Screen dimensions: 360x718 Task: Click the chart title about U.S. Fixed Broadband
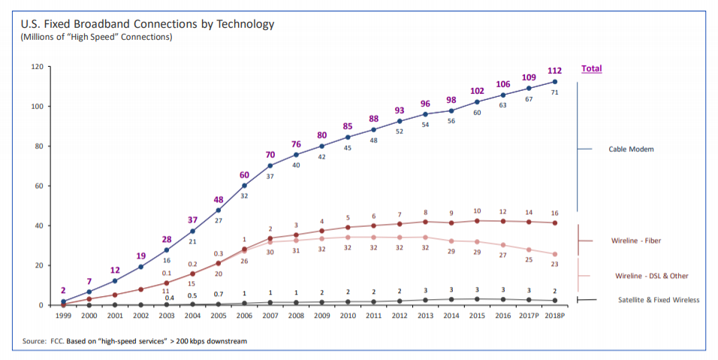[x=147, y=24]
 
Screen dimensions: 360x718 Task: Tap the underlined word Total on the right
[x=591, y=68]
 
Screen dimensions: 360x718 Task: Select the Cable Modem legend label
[x=631, y=150]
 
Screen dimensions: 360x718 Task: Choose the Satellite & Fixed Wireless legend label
[x=658, y=300]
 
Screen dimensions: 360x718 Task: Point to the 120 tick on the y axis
[x=36, y=67]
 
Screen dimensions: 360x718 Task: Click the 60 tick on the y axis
[x=38, y=186]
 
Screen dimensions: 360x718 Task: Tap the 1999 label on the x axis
[x=63, y=315]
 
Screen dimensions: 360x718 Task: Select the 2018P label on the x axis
[x=554, y=315]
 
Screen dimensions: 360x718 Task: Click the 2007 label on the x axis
[x=270, y=315]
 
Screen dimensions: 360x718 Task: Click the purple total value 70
[x=270, y=155]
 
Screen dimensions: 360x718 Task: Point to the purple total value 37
[x=192, y=220]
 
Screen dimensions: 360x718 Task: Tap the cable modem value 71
[x=555, y=92]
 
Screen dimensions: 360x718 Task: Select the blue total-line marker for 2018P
[x=555, y=81]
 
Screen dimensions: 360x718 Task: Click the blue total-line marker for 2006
[x=244, y=186]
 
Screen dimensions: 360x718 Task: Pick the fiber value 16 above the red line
[x=555, y=213]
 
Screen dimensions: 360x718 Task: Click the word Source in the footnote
[x=35, y=341]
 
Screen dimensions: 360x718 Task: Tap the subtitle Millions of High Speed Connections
[x=96, y=37]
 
